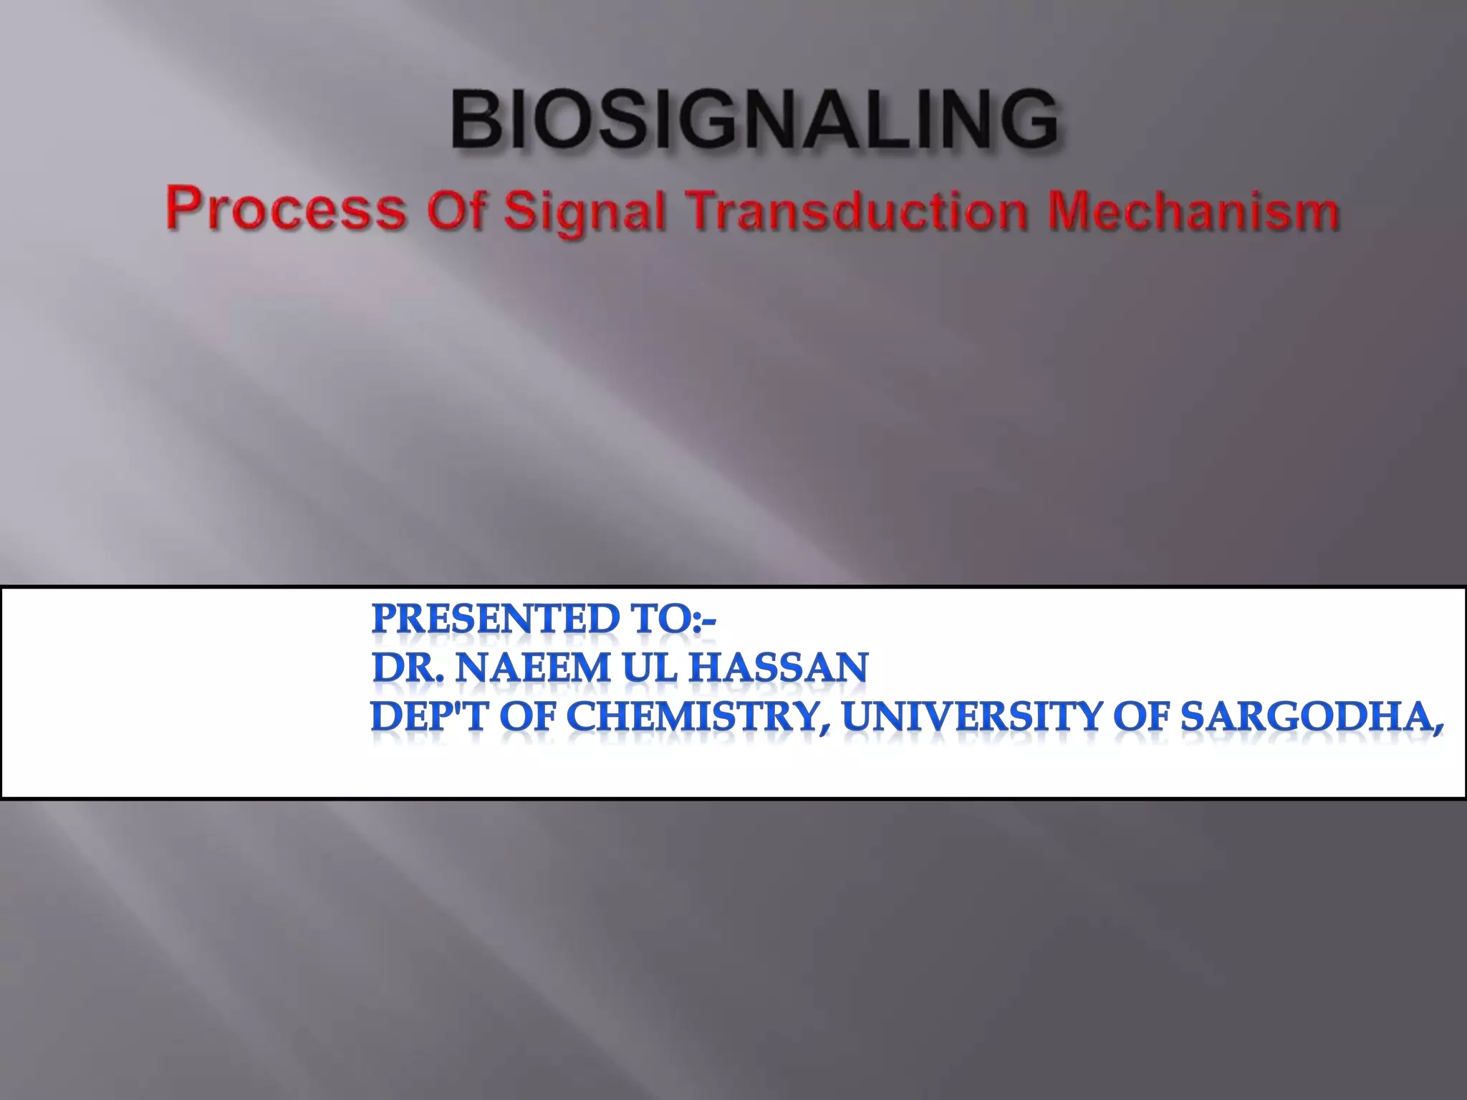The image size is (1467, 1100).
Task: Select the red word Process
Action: tap(286, 211)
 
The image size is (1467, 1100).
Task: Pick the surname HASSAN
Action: tap(778, 668)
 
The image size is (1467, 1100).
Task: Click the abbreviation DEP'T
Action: tap(429, 717)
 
